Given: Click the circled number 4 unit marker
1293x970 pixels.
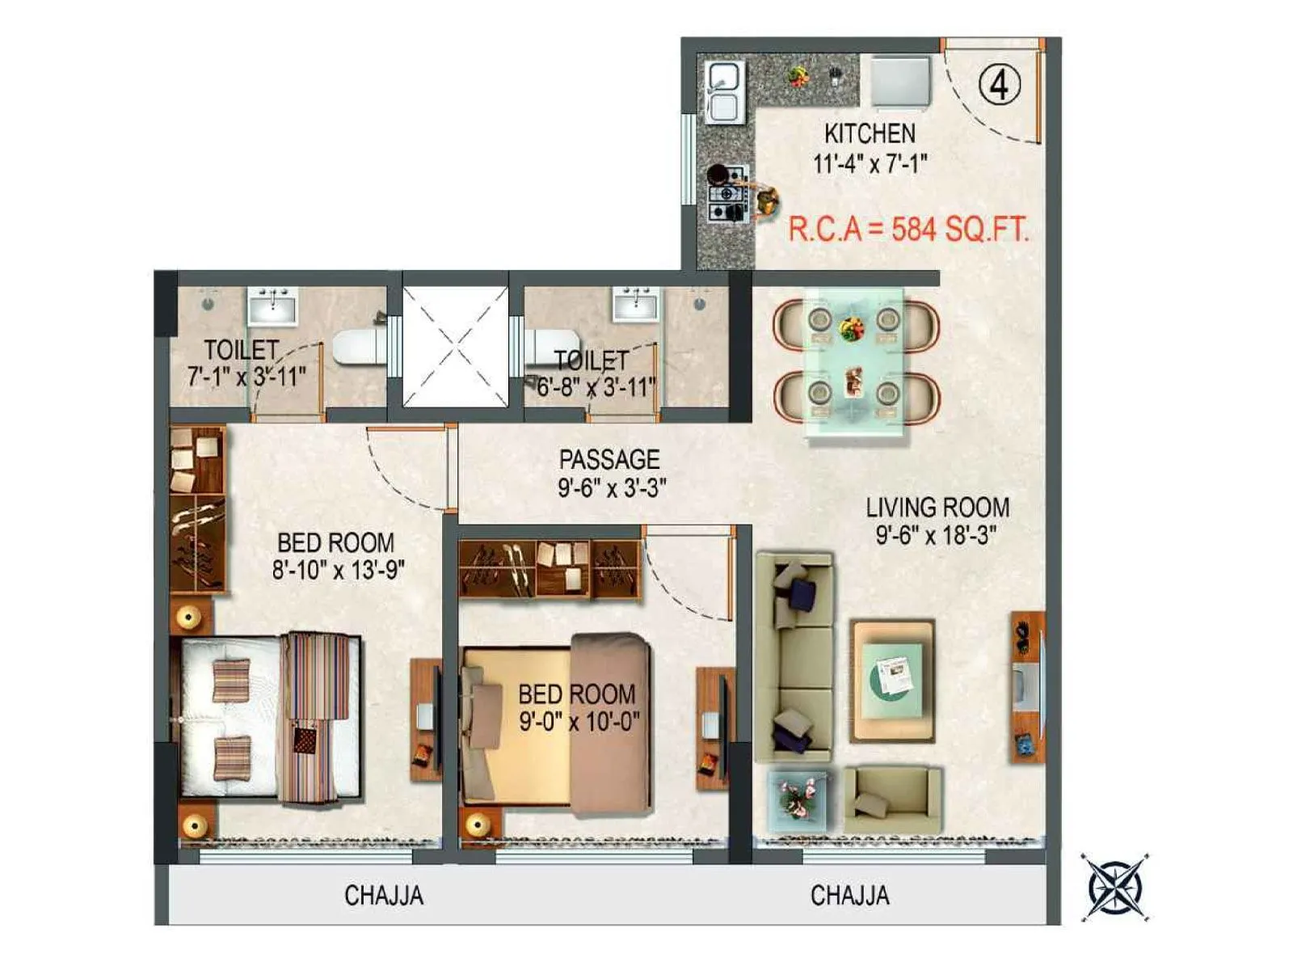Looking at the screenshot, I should [1000, 84].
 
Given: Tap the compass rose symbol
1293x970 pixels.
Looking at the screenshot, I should [1115, 887].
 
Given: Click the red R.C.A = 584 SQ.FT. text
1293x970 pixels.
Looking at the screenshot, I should [908, 230].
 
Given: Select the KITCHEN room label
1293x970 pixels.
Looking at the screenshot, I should [870, 133].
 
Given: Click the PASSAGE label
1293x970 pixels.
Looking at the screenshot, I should [609, 460].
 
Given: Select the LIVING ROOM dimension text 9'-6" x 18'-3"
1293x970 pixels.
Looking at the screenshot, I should [936, 535].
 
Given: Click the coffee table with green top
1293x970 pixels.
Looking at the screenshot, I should [892, 681].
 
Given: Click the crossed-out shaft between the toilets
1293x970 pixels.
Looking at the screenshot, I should [455, 347].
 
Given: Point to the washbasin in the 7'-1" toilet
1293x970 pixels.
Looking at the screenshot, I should [272, 306].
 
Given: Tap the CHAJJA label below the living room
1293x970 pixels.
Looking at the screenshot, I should [849, 896].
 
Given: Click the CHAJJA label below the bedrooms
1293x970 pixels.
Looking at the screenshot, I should [384, 896].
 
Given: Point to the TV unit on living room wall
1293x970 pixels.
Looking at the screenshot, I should [1027, 687].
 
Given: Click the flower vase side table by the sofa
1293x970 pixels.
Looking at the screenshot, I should [797, 798].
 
